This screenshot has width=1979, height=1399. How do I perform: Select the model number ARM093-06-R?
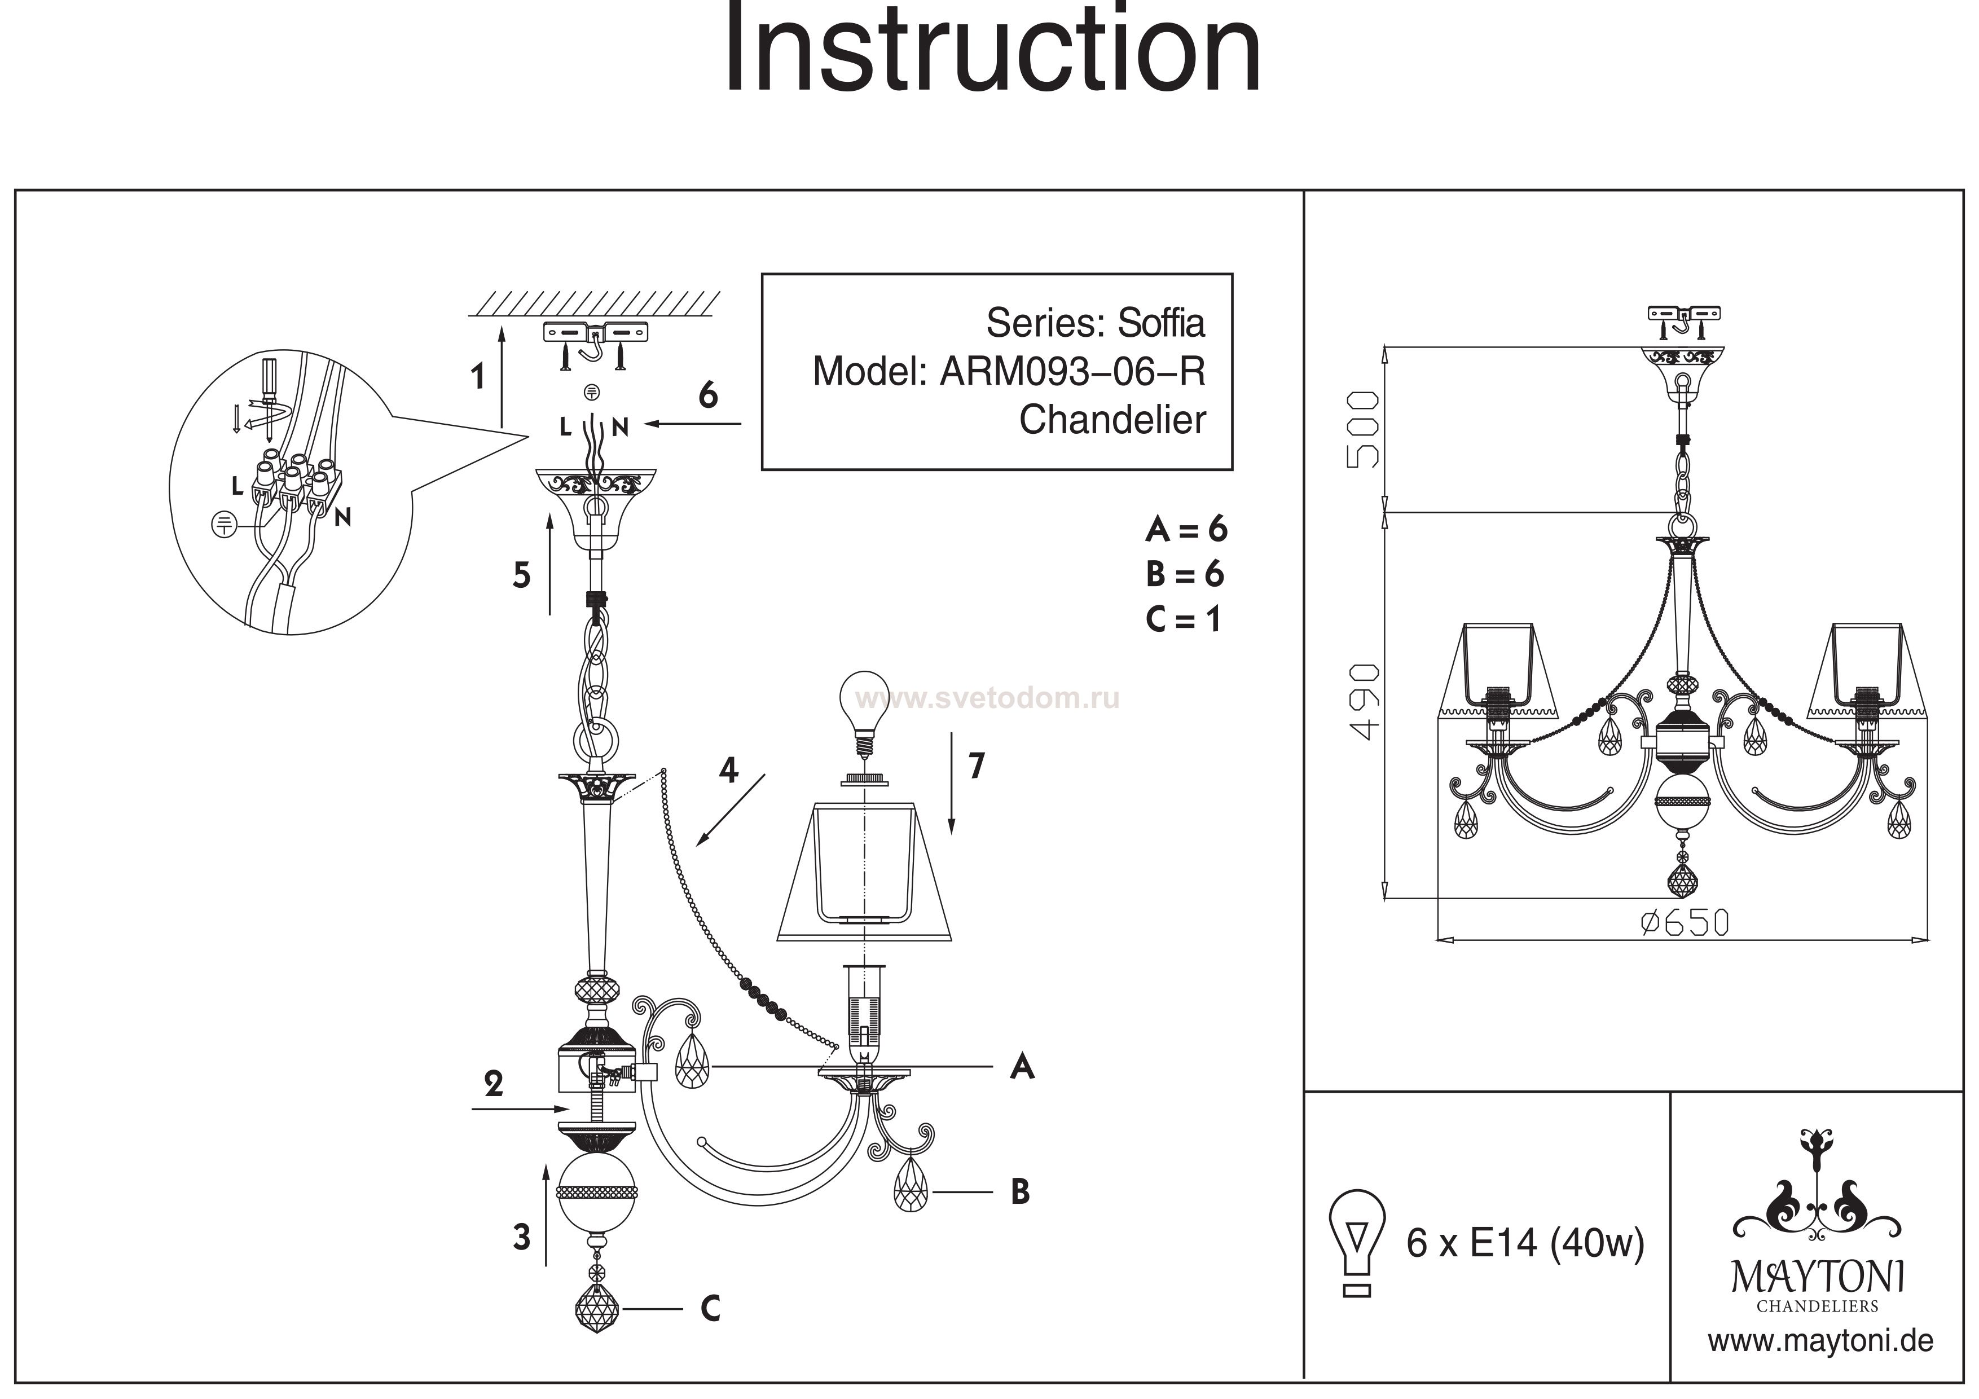1072,372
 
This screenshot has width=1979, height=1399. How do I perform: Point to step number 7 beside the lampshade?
976,766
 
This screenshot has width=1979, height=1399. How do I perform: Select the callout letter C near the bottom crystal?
710,1309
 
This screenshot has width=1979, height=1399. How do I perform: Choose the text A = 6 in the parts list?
1186,529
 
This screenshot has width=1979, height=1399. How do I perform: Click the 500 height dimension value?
1363,429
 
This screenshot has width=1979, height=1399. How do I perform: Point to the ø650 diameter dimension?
1684,923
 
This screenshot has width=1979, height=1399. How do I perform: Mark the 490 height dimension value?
1363,702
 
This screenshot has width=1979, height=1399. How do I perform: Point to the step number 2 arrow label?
493,1084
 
